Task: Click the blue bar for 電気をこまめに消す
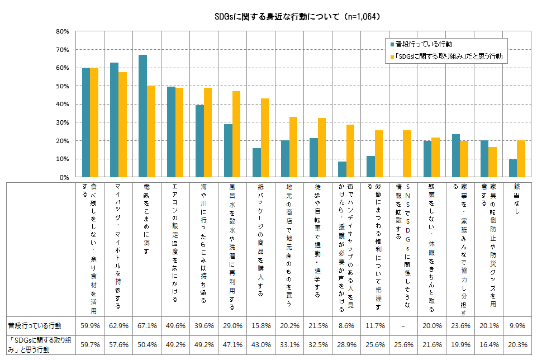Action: (x=143, y=116)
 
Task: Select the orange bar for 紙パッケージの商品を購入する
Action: (x=265, y=138)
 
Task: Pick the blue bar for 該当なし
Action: (x=512, y=168)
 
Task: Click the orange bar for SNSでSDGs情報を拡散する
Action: (x=407, y=153)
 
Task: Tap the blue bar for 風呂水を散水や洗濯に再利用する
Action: (x=228, y=150)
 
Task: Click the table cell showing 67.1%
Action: (x=147, y=325)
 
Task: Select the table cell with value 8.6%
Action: (x=346, y=325)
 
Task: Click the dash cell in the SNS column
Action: (x=403, y=325)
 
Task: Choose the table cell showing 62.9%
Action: (x=118, y=325)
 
